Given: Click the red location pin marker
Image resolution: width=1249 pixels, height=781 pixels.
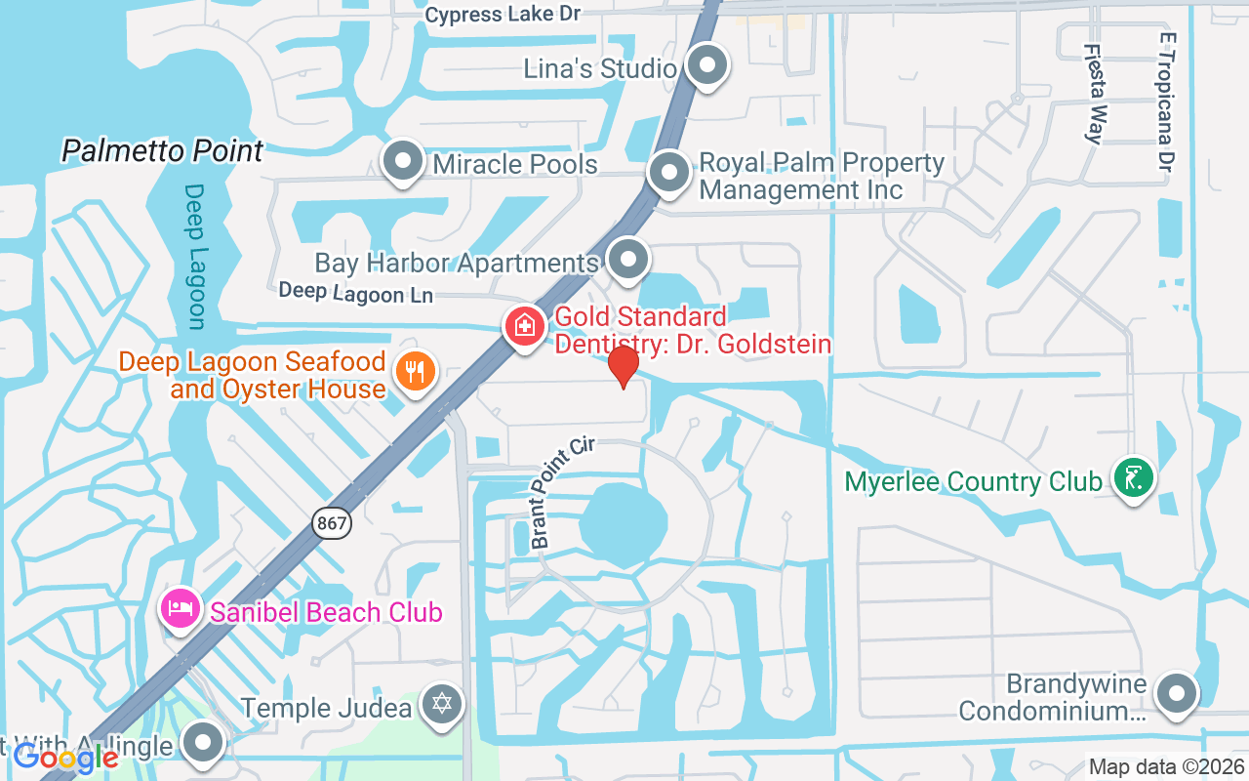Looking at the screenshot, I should tap(623, 367).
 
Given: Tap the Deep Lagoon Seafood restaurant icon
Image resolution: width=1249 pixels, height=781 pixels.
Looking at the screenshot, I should tap(416, 371).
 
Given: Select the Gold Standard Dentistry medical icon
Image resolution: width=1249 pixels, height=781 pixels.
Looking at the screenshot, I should tap(524, 326).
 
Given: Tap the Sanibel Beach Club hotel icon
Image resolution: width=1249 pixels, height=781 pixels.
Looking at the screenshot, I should tap(181, 610).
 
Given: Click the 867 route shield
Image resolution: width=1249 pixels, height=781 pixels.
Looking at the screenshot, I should tap(332, 523).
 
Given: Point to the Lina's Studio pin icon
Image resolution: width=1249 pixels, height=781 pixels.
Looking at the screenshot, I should tap(707, 66).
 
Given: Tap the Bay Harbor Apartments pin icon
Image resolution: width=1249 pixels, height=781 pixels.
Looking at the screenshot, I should tap(628, 260).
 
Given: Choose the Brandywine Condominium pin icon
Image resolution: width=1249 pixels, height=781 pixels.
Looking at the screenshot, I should tap(1176, 694).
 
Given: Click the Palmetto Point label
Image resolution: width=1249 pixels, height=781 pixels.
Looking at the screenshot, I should tap(163, 151).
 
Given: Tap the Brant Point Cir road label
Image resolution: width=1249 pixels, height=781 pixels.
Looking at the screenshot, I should tap(561, 492).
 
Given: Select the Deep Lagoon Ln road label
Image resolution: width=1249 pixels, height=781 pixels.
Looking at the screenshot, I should tap(355, 292).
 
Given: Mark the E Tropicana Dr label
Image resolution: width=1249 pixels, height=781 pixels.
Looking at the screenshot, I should tap(1165, 102).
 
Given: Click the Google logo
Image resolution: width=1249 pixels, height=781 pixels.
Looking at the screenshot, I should tap(65, 757).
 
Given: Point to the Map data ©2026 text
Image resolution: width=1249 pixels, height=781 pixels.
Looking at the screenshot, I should tap(1167, 766).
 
